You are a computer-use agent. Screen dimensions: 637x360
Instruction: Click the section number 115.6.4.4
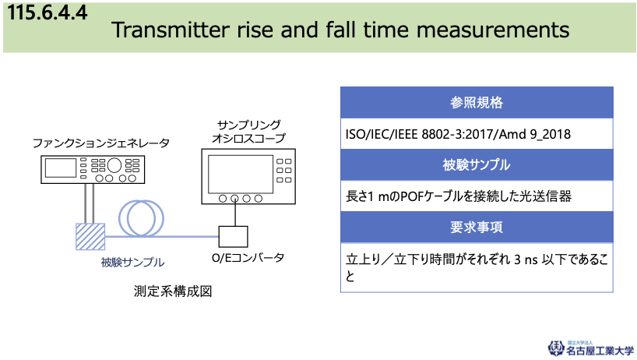(48, 12)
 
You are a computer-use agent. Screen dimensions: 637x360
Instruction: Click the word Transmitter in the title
(171, 30)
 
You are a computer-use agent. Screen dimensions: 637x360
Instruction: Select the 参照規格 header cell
(477, 102)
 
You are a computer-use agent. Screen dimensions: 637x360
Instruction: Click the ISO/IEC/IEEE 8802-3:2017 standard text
(420, 134)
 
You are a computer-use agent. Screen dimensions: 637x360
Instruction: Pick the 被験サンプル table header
(477, 164)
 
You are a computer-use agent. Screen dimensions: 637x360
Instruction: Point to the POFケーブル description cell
(477, 196)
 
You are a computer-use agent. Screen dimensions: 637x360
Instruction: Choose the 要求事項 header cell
(477, 227)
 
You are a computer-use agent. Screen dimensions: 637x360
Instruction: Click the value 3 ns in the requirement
(526, 259)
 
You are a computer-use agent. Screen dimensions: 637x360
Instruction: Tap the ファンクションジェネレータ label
(101, 143)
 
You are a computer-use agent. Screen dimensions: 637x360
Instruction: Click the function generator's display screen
(61, 168)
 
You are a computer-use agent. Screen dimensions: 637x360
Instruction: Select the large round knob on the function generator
(114, 165)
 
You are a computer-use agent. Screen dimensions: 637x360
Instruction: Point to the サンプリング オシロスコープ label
(248, 132)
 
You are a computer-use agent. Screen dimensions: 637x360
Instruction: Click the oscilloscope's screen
(241, 174)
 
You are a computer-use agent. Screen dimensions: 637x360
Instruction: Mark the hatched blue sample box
(90, 236)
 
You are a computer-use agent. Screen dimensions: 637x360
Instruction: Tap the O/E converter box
(233, 236)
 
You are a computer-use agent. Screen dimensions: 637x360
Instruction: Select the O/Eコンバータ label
(248, 258)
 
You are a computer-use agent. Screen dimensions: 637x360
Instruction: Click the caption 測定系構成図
(173, 291)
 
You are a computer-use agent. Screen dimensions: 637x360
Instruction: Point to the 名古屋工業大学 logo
(591, 348)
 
